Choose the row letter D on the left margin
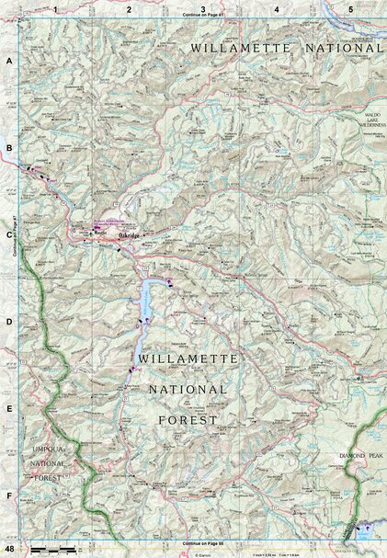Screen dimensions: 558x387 point(9,322)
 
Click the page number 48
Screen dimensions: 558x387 point(8,549)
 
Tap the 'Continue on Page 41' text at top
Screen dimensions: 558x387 point(203,16)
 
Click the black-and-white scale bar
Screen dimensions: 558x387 point(53,550)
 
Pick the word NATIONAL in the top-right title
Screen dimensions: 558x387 point(336,45)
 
